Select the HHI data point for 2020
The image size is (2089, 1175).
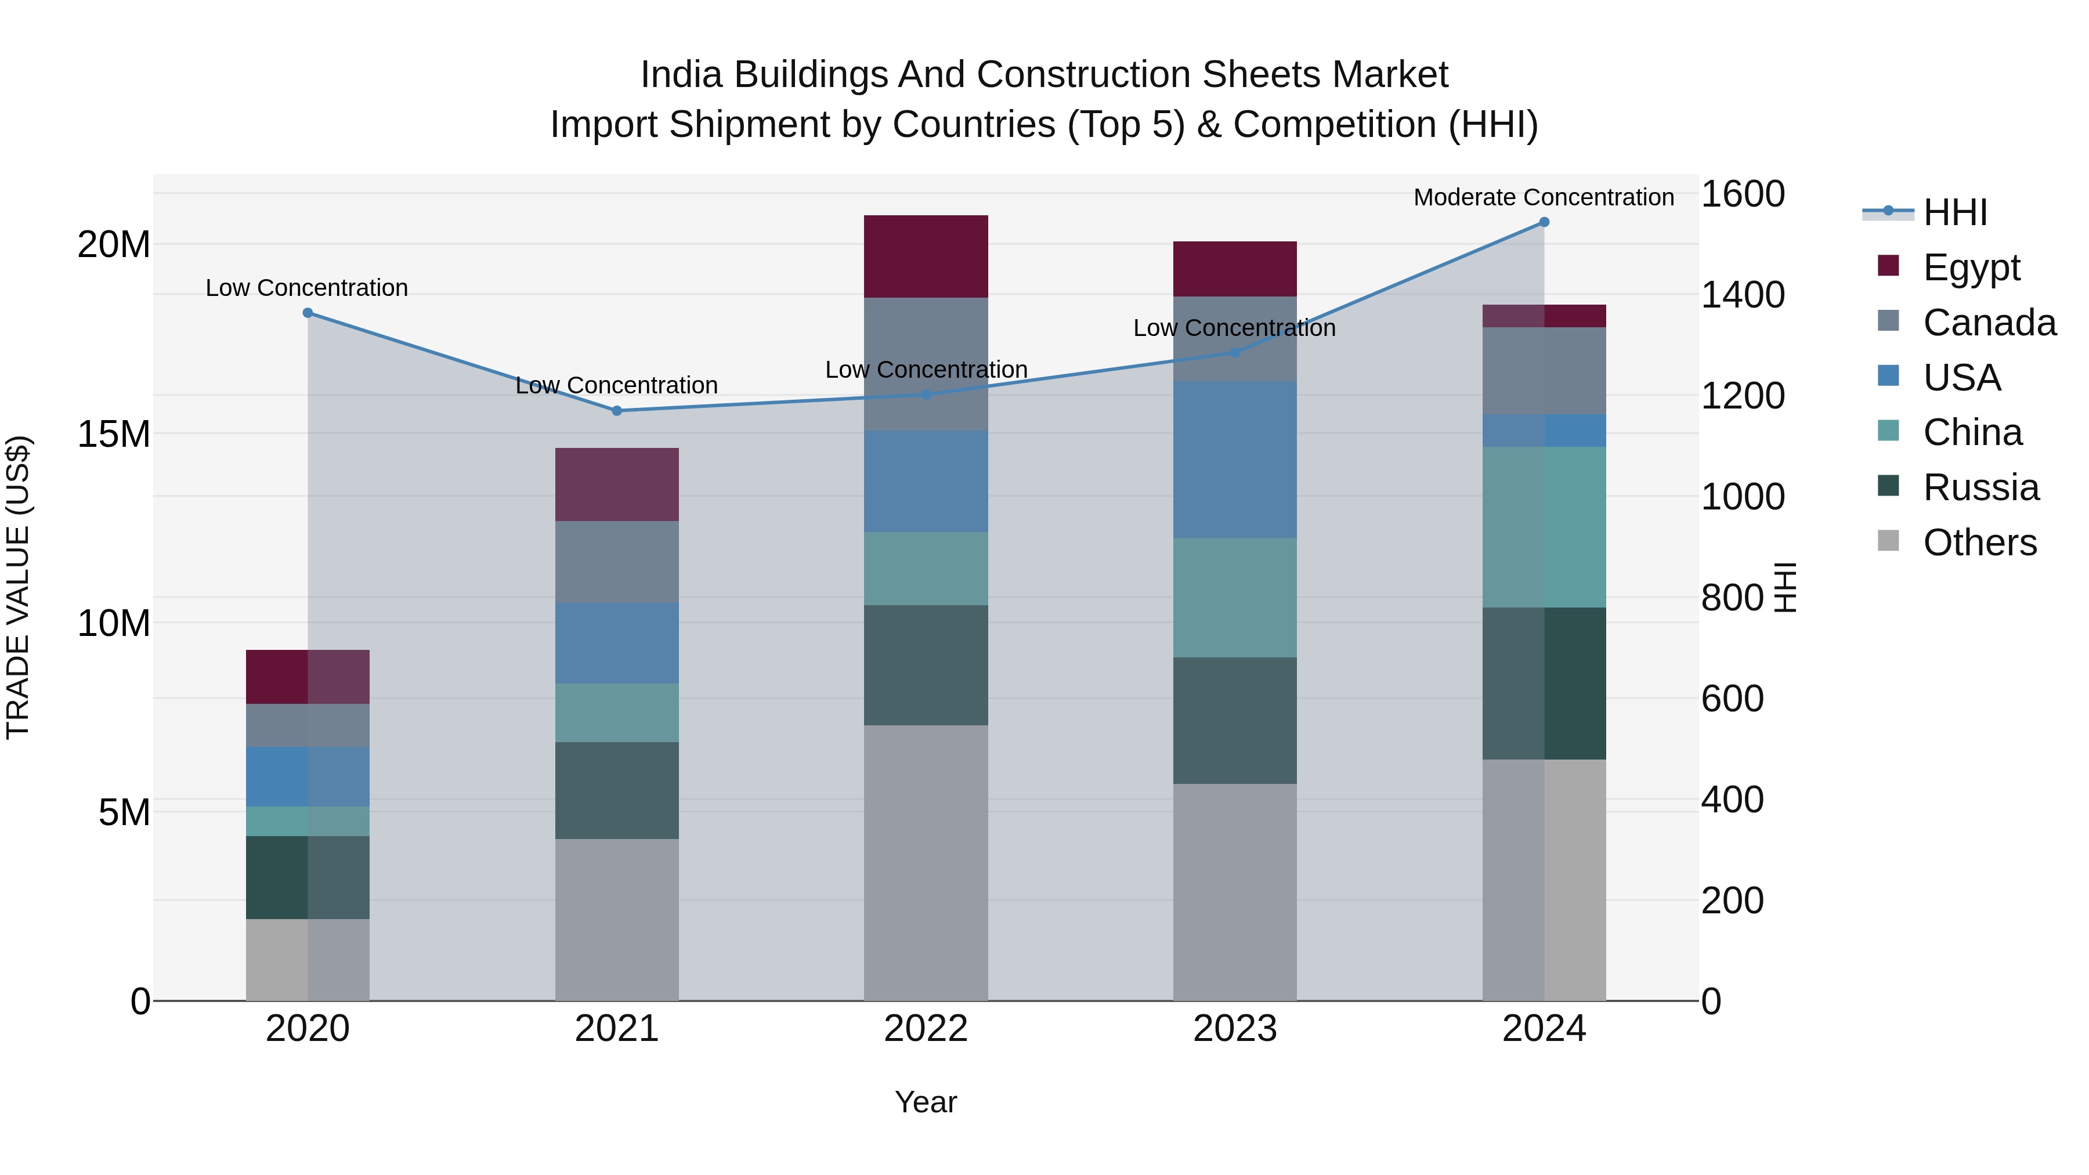coord(308,313)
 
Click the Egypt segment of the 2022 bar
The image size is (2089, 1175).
coord(926,256)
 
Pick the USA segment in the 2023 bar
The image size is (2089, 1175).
coord(1234,459)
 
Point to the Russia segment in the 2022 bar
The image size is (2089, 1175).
coord(926,665)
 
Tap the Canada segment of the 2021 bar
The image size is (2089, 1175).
coord(616,561)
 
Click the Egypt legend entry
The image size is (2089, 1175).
coord(1971,267)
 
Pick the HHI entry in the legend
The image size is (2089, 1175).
coord(1954,212)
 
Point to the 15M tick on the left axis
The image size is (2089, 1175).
coord(114,434)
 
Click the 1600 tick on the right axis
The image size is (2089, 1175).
coord(1742,194)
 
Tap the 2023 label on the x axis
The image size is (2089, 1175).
coord(1234,1029)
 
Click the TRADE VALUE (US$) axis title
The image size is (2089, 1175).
coord(18,587)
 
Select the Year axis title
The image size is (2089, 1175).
coord(926,1102)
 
